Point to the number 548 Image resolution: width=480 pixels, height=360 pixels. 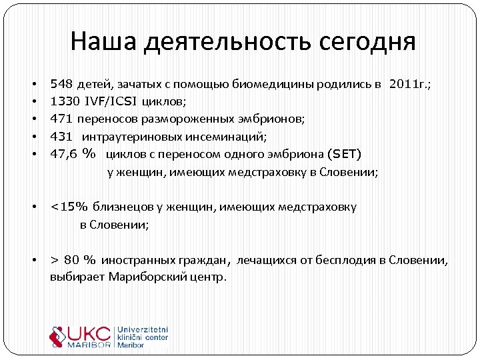pyautogui.click(x=61, y=85)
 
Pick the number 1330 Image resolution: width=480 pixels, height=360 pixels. pyautogui.click(x=65, y=102)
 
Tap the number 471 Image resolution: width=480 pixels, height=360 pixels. pyautogui.click(x=61, y=119)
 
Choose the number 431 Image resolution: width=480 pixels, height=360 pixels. pyautogui.click(x=61, y=137)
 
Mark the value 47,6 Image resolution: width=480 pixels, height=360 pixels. pyautogui.click(x=64, y=154)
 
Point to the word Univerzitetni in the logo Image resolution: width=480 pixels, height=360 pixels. pyautogui.click(x=143, y=330)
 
